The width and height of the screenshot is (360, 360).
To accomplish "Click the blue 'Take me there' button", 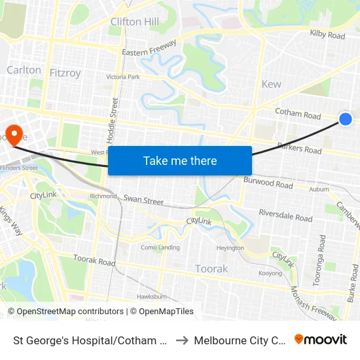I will coord(180,160).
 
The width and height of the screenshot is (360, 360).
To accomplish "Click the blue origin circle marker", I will coord(346,118).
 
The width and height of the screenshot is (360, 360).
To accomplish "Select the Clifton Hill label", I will coord(135,22).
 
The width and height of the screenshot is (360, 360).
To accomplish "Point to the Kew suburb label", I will coord(271,84).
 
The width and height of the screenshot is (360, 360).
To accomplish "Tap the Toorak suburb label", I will coord(211,268).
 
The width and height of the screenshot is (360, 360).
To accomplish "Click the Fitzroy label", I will coord(65,73).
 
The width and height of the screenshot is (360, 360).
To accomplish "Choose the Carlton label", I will coord(24,69).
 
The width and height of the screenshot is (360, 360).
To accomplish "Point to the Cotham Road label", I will coord(298,114).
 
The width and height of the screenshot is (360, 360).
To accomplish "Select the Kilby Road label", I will coord(327,35).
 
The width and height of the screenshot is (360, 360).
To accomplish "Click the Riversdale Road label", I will coord(285,215).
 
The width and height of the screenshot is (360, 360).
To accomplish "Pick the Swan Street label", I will coord(143,199).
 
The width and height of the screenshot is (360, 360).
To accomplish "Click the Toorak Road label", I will coord(94,261).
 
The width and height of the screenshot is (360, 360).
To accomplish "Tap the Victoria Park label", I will coord(123,77).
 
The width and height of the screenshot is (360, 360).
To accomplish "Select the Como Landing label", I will coord(160,247).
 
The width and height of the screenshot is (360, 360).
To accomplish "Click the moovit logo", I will coord(321,339).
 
